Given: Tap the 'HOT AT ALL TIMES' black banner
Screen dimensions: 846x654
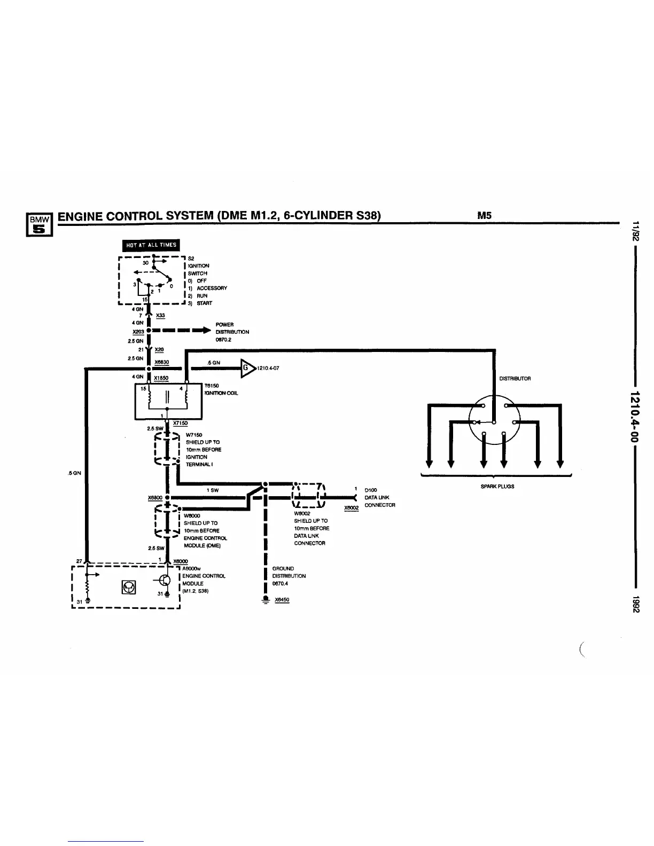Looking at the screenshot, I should [151, 245].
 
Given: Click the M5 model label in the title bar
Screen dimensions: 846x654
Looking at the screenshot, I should [484, 216].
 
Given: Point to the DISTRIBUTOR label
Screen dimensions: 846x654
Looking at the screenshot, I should [515, 379].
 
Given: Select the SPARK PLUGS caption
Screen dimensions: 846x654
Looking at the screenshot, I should [497, 487].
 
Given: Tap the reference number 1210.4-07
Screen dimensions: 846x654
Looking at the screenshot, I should [269, 369].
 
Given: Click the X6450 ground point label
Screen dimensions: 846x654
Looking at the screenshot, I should [282, 600].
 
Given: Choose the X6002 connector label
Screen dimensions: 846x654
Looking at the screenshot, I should [351, 508].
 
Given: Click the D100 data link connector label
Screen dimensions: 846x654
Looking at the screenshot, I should [371, 490].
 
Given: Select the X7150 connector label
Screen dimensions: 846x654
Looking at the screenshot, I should [180, 423].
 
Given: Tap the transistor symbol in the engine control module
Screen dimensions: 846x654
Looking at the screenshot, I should [165, 580].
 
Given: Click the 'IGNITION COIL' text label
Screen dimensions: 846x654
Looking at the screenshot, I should [221, 393].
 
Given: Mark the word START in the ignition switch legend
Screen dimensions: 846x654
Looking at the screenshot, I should [204, 303].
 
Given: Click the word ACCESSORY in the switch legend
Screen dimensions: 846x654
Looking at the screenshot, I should [212, 288].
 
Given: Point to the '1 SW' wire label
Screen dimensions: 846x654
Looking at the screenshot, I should [212, 490].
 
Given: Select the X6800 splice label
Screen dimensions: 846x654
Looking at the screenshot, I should [155, 498].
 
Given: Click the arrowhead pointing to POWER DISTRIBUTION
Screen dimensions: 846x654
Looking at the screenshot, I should [204, 331].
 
